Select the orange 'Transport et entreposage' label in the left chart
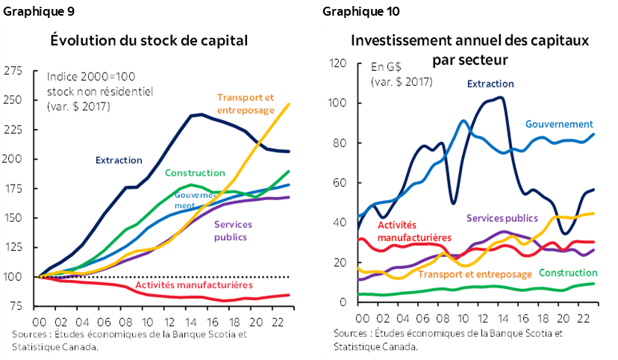click(x=246, y=102)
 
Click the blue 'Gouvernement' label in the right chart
click(x=558, y=124)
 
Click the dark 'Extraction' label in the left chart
click(x=119, y=160)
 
